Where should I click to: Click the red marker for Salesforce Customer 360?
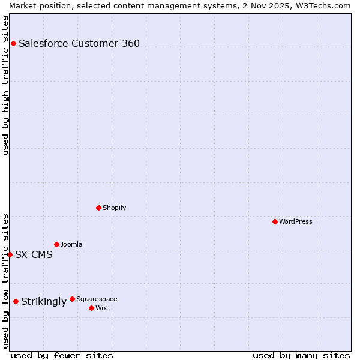coord(13,43)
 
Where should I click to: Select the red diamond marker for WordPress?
coord(275,221)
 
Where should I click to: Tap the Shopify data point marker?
coord(98,208)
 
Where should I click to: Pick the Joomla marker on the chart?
coord(56,244)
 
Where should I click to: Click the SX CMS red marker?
coord(10,254)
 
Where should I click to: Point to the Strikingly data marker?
coord(16,301)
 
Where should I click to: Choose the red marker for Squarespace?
coord(72,299)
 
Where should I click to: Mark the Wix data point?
coord(91,308)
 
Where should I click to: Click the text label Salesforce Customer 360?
coord(79,43)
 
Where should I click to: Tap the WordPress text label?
coord(296,221)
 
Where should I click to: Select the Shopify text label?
coord(114,208)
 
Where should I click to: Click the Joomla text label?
coord(71,244)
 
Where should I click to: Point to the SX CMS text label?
coord(34,254)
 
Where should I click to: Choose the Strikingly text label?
coord(44,301)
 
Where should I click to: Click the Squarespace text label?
coord(97,299)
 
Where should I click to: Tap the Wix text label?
coord(101,308)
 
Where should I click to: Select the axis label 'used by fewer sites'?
coord(62,355)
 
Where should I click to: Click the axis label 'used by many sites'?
coord(301,355)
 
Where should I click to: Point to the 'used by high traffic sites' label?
coord(5,85)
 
